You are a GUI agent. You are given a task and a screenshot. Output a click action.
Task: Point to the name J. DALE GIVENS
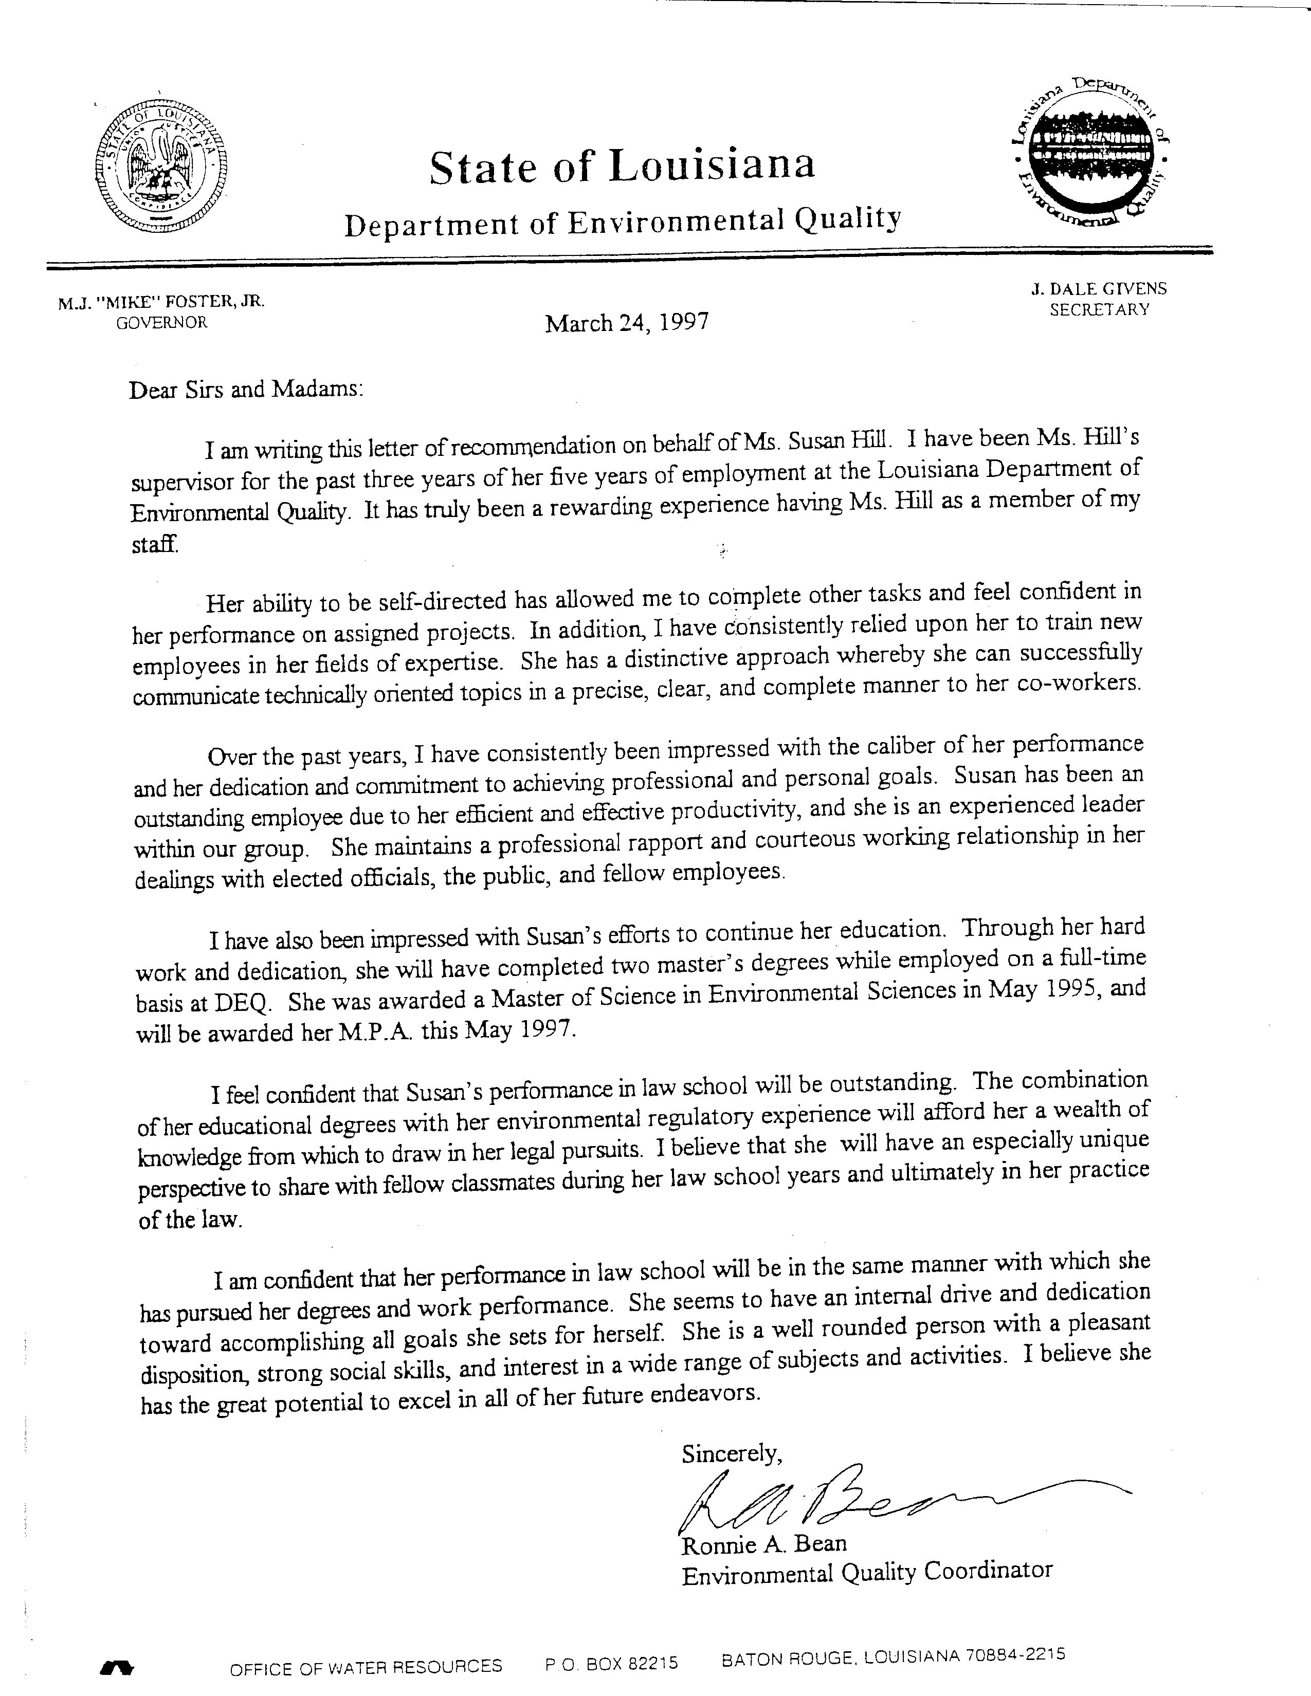tap(1098, 289)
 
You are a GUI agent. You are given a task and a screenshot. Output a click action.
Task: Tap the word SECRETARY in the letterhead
tap(1099, 309)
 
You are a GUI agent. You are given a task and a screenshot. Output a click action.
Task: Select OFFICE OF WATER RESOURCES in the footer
tap(366, 1666)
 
